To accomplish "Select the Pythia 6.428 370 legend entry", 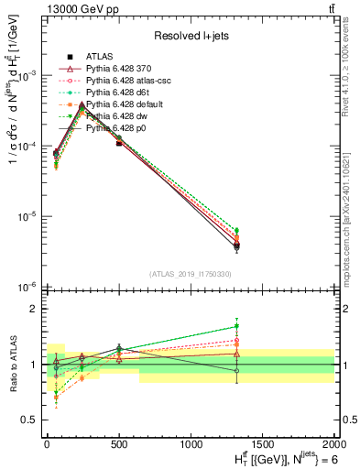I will point(119,69).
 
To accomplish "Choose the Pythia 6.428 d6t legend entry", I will point(117,93).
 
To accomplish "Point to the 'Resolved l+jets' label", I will point(190,36).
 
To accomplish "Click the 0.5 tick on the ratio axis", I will point(29,420).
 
